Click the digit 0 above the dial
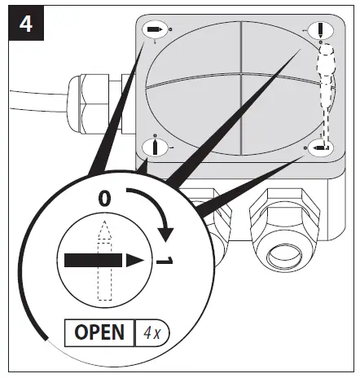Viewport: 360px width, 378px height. [x=103, y=198]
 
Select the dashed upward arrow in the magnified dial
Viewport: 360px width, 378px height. [x=102, y=253]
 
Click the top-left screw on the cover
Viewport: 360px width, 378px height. [x=155, y=30]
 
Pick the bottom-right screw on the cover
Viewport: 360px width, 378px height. [x=320, y=147]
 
